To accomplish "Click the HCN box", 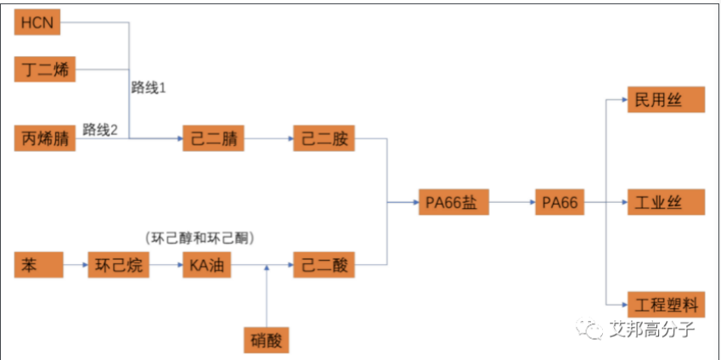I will (38, 23).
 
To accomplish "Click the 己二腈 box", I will (213, 138).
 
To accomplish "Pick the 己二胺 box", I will (324, 138).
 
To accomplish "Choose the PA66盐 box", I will (454, 203).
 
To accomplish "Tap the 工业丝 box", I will (666, 203).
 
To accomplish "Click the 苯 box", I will (38, 266).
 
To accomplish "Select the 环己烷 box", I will (118, 266).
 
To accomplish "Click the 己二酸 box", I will (324, 266).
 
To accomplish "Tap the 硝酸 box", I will (267, 340).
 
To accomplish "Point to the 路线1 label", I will (149, 87).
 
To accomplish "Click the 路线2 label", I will (101, 129).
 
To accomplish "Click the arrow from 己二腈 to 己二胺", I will (268, 138).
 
